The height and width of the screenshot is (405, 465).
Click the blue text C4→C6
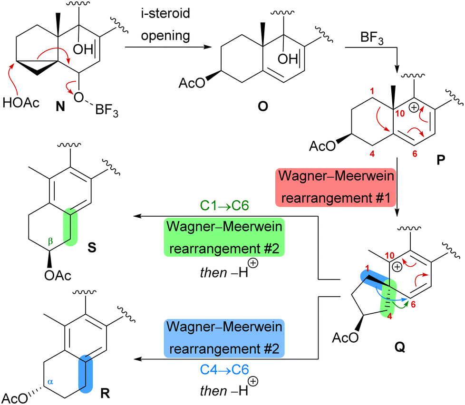(223, 369)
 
